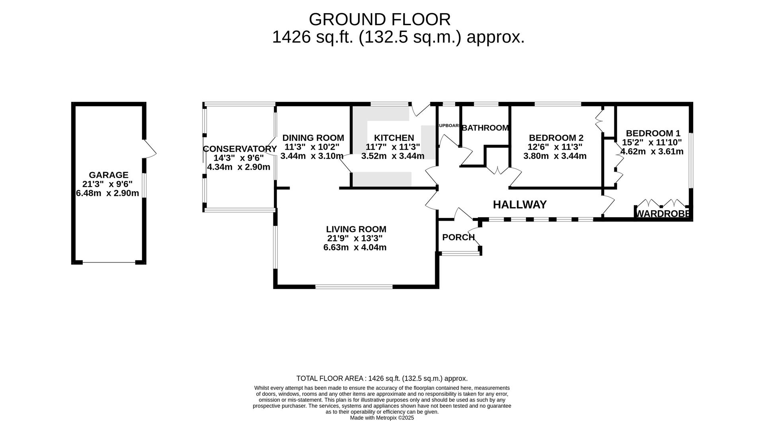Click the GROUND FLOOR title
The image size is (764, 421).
coord(380,20)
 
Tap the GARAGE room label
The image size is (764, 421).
coord(108,175)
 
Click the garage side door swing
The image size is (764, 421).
coord(150,149)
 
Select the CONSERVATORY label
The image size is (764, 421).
coord(240,149)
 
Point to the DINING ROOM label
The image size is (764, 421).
coord(313,138)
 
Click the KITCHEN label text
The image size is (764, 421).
coord(394,138)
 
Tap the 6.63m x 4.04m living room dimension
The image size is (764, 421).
coord(355,247)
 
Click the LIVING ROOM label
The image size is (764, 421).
coord(356,229)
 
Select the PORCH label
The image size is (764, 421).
coord(458,237)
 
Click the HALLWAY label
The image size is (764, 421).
coord(519,205)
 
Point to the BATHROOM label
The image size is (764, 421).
coord(485,128)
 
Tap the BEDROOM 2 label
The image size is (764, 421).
coord(555,138)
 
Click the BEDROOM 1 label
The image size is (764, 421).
coord(653,133)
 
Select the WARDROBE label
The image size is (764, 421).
coord(663,214)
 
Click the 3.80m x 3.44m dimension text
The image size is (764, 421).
coord(555,156)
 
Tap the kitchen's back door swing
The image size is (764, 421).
coord(420,110)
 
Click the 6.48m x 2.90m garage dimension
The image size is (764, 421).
coord(107,193)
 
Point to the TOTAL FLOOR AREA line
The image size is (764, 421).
coord(382,378)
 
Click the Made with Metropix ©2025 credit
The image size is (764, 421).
coord(382,418)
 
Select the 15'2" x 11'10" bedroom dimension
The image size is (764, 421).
coord(652,142)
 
